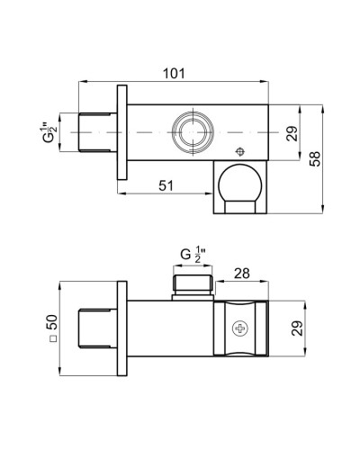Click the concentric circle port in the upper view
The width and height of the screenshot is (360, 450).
191,130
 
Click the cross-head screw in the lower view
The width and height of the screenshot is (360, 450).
241,330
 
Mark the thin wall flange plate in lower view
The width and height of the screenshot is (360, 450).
120,331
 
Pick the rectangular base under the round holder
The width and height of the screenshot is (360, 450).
240,206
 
